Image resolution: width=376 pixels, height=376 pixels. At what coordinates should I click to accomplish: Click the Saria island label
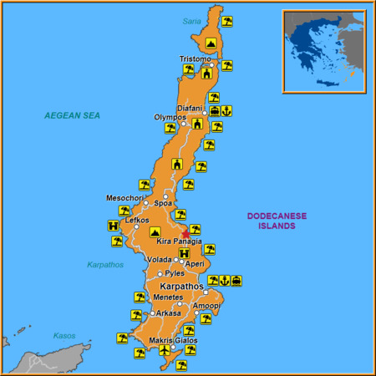(x=193, y=22)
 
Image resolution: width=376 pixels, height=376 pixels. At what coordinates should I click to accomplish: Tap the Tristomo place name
(x=196, y=58)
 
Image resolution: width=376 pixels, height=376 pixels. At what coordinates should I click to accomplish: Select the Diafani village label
(x=190, y=108)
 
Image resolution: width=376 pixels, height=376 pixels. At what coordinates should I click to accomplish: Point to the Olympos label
(x=170, y=117)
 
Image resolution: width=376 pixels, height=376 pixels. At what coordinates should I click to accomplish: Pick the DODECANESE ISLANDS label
(x=277, y=221)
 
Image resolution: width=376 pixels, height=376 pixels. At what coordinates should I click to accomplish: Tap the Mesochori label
(x=123, y=198)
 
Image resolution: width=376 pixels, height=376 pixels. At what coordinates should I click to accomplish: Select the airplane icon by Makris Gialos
(x=164, y=351)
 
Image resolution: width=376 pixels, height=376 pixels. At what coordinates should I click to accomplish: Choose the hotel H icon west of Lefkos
(x=113, y=225)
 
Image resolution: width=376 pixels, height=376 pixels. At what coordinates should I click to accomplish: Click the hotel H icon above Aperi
(x=184, y=253)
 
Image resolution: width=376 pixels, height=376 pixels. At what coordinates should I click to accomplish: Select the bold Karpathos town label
(x=181, y=287)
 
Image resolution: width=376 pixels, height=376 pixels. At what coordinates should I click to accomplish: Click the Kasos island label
(x=64, y=336)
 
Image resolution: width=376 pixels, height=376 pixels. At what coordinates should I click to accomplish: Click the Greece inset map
(x=323, y=50)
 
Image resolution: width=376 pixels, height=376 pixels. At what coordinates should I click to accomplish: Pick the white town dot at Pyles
(x=160, y=273)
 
